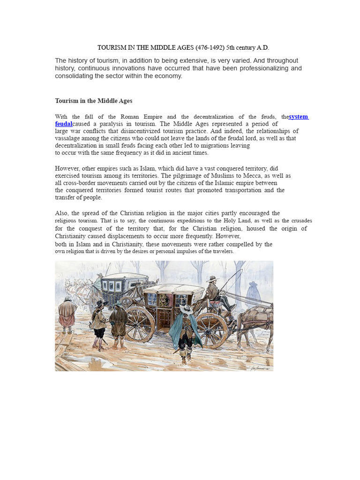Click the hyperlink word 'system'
(299, 117)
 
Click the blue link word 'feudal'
(64, 124)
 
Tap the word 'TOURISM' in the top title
(111, 48)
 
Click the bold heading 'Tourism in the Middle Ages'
(94, 101)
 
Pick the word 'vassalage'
(69, 138)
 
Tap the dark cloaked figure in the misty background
(254, 293)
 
